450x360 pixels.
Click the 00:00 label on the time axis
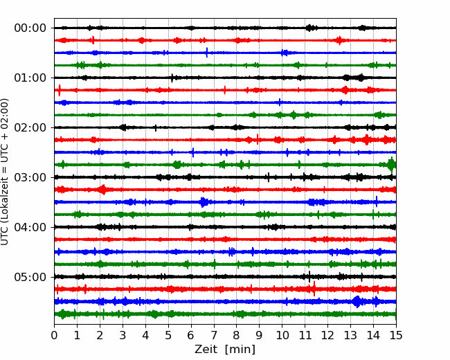coord(30,28)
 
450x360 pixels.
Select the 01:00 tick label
coord(30,78)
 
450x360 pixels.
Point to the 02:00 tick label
coord(30,127)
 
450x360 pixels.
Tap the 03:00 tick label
coord(30,177)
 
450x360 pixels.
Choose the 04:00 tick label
coord(30,227)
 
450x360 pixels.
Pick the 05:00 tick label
coord(30,277)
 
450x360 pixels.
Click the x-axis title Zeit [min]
coord(225,350)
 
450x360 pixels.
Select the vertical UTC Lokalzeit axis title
coord(6,172)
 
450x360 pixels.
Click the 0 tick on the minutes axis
coord(55,336)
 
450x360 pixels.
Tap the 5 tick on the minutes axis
coord(168,336)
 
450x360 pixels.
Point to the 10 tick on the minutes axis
coord(282,336)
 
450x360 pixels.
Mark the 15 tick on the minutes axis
coord(395,336)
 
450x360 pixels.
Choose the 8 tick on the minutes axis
coord(237,336)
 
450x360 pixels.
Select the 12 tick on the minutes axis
coord(327,336)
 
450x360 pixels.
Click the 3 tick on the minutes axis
coord(123,336)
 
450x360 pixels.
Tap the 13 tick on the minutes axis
coord(350,336)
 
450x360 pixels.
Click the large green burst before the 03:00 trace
coord(391,165)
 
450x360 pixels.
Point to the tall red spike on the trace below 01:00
coord(60,90)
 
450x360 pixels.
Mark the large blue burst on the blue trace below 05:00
coord(357,302)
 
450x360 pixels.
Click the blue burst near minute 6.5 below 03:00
coord(204,202)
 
